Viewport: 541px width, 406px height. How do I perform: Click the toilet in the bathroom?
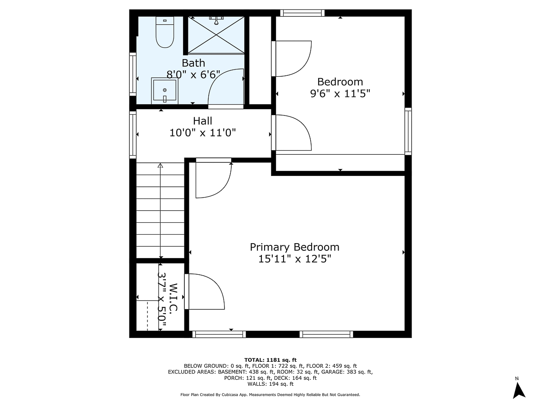pos(165,32)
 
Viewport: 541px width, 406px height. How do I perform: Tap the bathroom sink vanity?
pos(165,90)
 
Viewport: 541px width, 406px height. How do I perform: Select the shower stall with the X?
pos(216,35)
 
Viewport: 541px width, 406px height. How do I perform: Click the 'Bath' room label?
pos(193,63)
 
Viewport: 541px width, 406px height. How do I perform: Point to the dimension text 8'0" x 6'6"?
pos(193,74)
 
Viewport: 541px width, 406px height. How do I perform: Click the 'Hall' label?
pos(202,121)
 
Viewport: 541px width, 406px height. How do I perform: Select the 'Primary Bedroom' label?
pos(294,247)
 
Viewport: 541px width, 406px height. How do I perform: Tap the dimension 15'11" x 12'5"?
pos(294,259)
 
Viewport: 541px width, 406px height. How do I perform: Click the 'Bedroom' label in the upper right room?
pos(340,82)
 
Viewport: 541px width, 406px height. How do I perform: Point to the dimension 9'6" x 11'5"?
pos(340,93)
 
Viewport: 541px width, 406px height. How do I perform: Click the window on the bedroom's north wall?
pos(302,13)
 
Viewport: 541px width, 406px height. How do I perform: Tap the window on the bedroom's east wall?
pos(408,131)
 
